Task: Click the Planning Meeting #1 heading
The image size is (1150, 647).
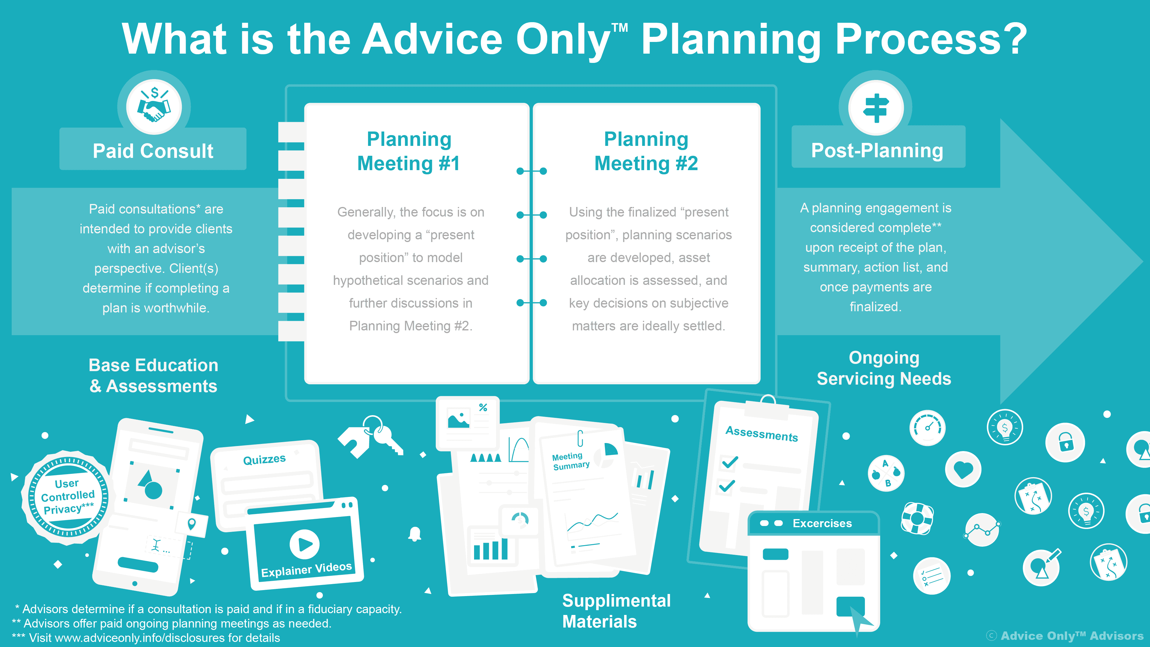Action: [x=408, y=151]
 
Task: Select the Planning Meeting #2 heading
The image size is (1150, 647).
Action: [x=646, y=151]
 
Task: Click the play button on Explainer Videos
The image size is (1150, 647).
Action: [x=305, y=544]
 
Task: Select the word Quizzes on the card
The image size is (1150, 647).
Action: [x=264, y=459]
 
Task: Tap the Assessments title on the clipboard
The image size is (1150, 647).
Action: [x=762, y=433]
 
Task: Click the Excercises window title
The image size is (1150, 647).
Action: [x=822, y=523]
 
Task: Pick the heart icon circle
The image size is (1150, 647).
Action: [x=963, y=469]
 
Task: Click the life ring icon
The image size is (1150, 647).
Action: [x=917, y=518]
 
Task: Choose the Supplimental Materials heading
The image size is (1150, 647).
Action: [x=616, y=611]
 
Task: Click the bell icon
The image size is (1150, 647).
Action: [x=415, y=533]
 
